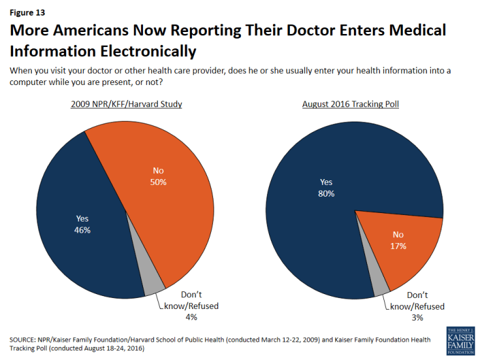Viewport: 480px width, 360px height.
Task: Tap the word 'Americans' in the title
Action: click(103, 30)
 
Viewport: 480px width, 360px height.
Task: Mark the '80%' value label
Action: click(327, 193)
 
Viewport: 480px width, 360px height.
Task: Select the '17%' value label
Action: click(398, 246)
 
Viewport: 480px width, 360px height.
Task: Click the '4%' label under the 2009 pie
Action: click(190, 317)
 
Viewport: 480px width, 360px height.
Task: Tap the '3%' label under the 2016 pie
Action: click(417, 318)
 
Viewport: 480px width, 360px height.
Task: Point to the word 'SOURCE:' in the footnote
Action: click(24, 340)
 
